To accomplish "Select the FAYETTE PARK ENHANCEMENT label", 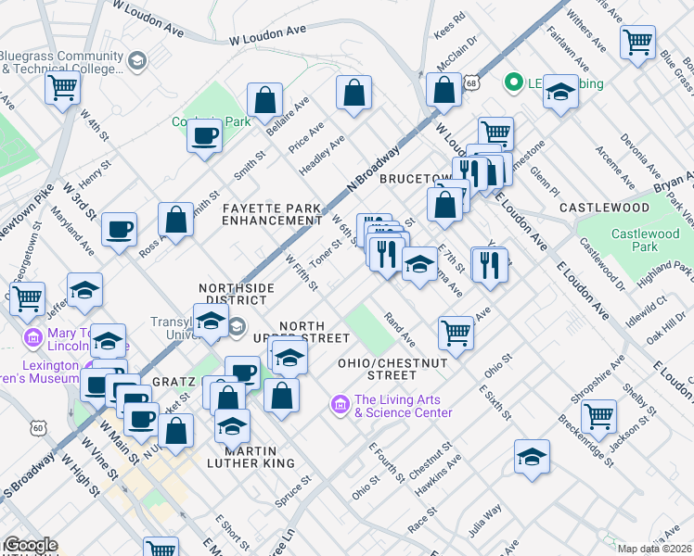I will coord(271,214).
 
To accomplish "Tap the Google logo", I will coord(30,545).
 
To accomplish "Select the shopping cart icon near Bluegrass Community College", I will coord(63,88).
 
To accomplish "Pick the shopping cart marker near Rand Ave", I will coord(455,332).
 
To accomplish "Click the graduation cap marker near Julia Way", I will coord(531,457).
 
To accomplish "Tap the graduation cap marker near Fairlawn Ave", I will coord(559,92).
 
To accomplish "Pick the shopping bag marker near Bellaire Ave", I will coord(264,100).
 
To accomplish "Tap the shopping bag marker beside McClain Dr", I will coord(443,91).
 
